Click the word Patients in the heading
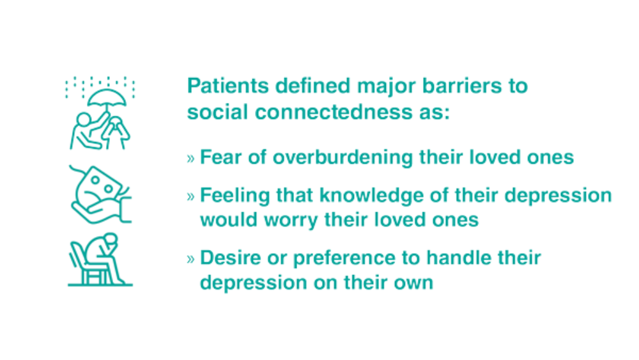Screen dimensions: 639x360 228,86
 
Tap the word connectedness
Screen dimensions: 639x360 334,112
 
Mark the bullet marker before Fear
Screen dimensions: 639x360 190,158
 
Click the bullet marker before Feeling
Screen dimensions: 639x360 190,196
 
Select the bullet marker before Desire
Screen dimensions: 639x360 190,259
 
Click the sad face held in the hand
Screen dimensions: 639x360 101,187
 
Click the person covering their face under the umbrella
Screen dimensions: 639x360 116,132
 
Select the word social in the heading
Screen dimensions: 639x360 217,112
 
